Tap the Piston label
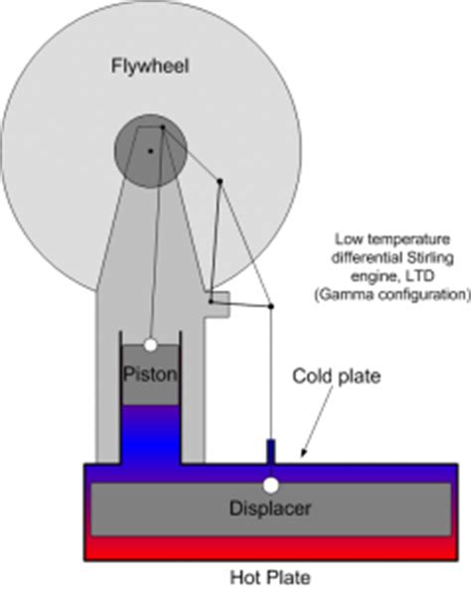pyautogui.click(x=150, y=375)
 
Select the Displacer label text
pyautogui.click(x=270, y=509)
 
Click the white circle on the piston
pyautogui.click(x=150, y=346)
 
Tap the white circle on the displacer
pyautogui.click(x=270, y=486)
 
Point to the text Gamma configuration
pyautogui.click(x=402, y=296)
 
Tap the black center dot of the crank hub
pyautogui.click(x=150, y=151)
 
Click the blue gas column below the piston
pyautogui.click(x=150, y=432)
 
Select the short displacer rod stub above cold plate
pyautogui.click(x=270, y=450)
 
